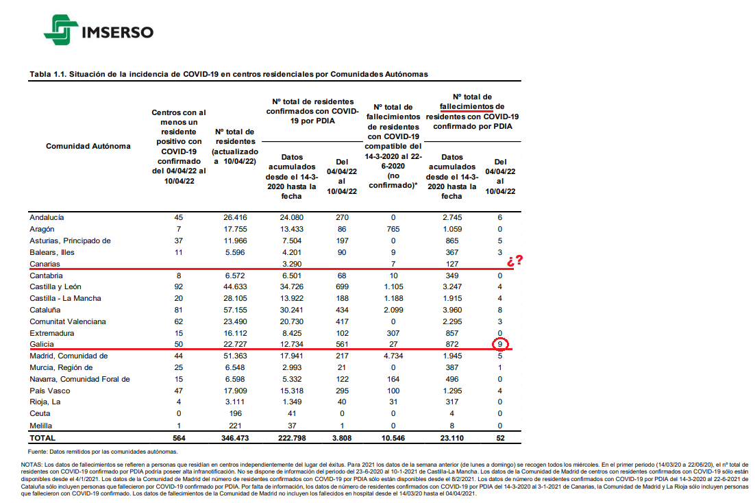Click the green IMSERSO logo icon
click(61, 30)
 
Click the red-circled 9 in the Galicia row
click(500, 345)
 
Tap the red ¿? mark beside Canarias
click(515, 260)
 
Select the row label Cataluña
click(45, 310)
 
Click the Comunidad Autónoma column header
click(88, 146)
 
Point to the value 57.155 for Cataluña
click(235, 310)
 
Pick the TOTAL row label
click(42, 438)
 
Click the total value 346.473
click(235, 438)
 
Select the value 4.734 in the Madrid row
click(393, 356)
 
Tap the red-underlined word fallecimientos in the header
click(466, 106)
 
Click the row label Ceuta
click(40, 413)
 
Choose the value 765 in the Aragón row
click(393, 229)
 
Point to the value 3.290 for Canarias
click(292, 264)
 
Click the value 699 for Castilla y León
click(342, 286)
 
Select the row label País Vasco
click(49, 391)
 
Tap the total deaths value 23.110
click(451, 438)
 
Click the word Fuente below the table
click(37, 452)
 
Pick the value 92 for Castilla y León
click(179, 286)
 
